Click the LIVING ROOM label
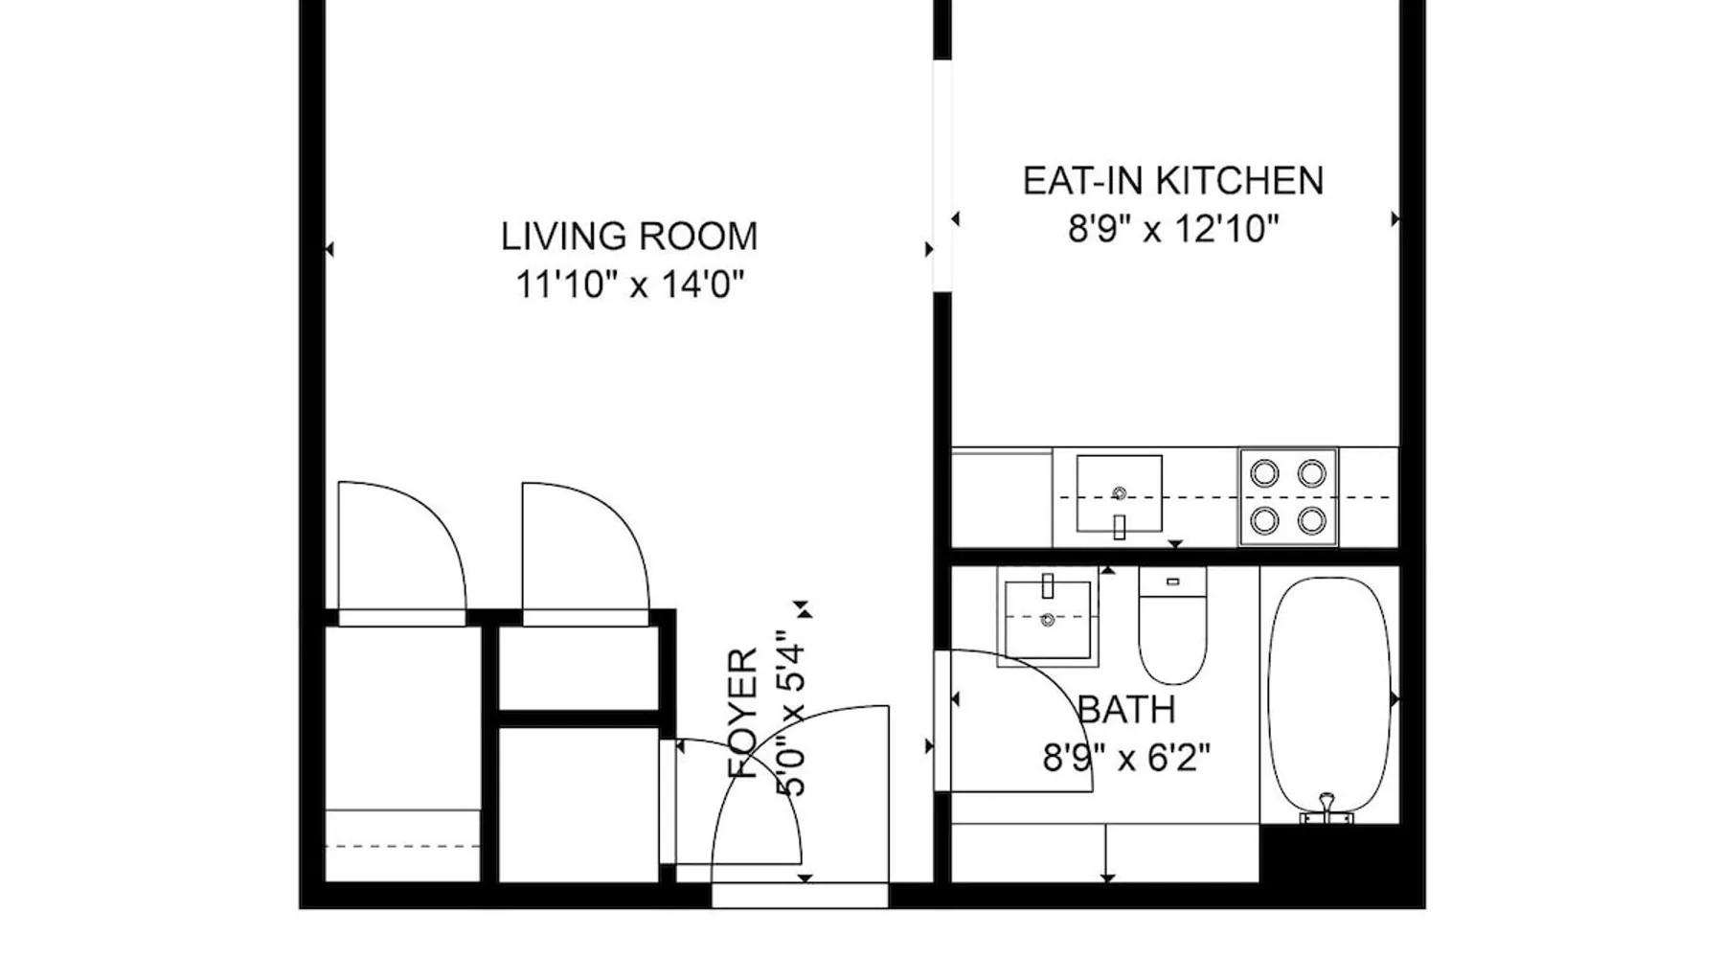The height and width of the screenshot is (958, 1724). pos(629,237)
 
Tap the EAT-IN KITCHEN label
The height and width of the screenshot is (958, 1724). pos(1173,181)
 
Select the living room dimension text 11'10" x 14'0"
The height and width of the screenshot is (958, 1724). pos(629,285)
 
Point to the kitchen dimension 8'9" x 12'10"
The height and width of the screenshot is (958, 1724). pos(1173,230)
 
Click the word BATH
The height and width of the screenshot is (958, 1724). pos(1127,710)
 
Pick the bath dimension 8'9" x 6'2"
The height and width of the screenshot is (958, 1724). pos(1126,759)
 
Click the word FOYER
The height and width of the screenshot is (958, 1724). pos(744,714)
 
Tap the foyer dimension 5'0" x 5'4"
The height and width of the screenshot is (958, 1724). pos(793,714)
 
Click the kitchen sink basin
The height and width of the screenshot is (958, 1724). pos(1119,493)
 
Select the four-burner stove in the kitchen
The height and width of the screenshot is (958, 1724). pos(1288,496)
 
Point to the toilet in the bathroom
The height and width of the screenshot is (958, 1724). pos(1172,626)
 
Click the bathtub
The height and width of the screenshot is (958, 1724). pos(1328,697)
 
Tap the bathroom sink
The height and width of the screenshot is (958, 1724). pos(1047,617)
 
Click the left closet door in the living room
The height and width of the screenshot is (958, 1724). pos(402,546)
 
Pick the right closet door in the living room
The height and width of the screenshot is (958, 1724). pos(586,546)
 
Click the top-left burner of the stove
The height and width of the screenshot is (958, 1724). pos(1264,472)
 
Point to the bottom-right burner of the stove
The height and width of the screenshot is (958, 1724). pos(1311,520)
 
